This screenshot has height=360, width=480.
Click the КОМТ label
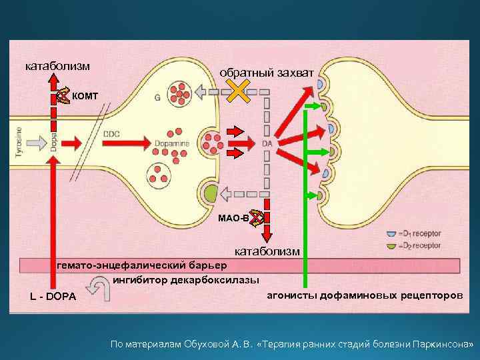85,96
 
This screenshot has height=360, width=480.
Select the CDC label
111,133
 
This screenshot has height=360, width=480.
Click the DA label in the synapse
267,143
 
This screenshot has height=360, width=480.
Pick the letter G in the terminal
157,97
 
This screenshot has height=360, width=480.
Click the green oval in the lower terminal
211,195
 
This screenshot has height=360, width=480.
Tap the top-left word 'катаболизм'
58,66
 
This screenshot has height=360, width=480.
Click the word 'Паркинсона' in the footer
441,345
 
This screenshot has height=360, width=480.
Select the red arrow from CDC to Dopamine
137,142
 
